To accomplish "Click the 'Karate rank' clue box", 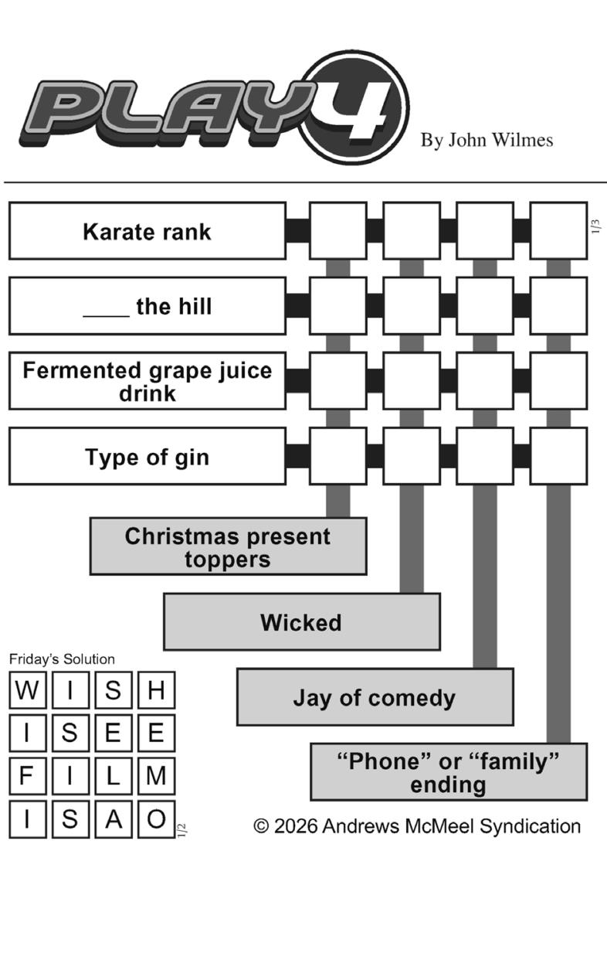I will [x=147, y=231].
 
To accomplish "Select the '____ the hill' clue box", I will [x=147, y=306].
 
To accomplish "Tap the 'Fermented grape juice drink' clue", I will [x=147, y=381].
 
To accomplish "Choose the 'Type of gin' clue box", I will [x=147, y=456].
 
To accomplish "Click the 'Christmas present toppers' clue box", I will [x=228, y=546].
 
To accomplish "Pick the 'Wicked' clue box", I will [x=301, y=622].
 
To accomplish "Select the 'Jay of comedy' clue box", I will [x=375, y=697].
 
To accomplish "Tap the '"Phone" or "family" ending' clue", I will [x=448, y=772].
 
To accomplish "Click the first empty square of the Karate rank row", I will [x=338, y=231].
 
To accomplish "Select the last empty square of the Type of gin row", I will [x=558, y=456].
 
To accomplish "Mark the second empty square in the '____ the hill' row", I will [x=412, y=306].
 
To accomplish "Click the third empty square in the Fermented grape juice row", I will [x=485, y=381].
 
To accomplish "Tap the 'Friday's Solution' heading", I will [x=62, y=659].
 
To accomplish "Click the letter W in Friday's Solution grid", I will [x=27, y=689].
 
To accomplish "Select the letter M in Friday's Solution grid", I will [x=156, y=775].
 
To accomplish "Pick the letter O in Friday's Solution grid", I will [x=156, y=819].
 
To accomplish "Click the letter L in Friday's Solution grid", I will [x=114, y=775].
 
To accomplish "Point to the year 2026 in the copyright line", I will [x=296, y=826].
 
